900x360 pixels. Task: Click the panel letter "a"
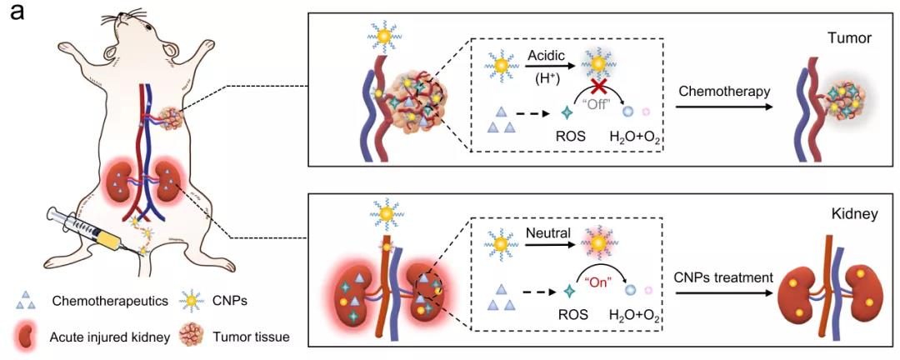[15, 12]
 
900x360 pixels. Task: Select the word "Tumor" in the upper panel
[850, 39]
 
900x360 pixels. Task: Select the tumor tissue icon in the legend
[194, 336]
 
